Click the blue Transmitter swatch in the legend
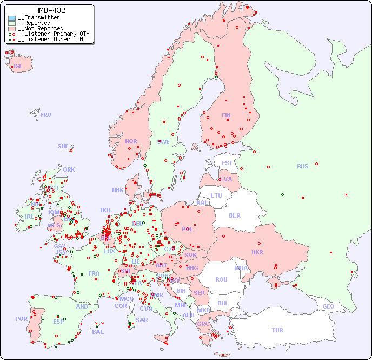click(12, 18)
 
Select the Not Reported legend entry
click(41, 28)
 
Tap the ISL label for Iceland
click(18, 67)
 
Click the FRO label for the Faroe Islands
click(46, 115)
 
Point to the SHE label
click(63, 146)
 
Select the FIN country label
click(226, 115)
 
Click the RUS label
click(302, 166)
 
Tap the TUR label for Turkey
click(277, 330)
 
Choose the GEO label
click(328, 306)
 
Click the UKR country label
click(257, 252)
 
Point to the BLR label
click(234, 215)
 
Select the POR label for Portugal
click(21, 319)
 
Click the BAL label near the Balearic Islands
click(97, 332)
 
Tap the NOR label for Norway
click(131, 141)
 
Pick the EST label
click(227, 163)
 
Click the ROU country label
click(221, 279)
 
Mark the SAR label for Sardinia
click(142, 320)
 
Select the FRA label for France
click(94, 273)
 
